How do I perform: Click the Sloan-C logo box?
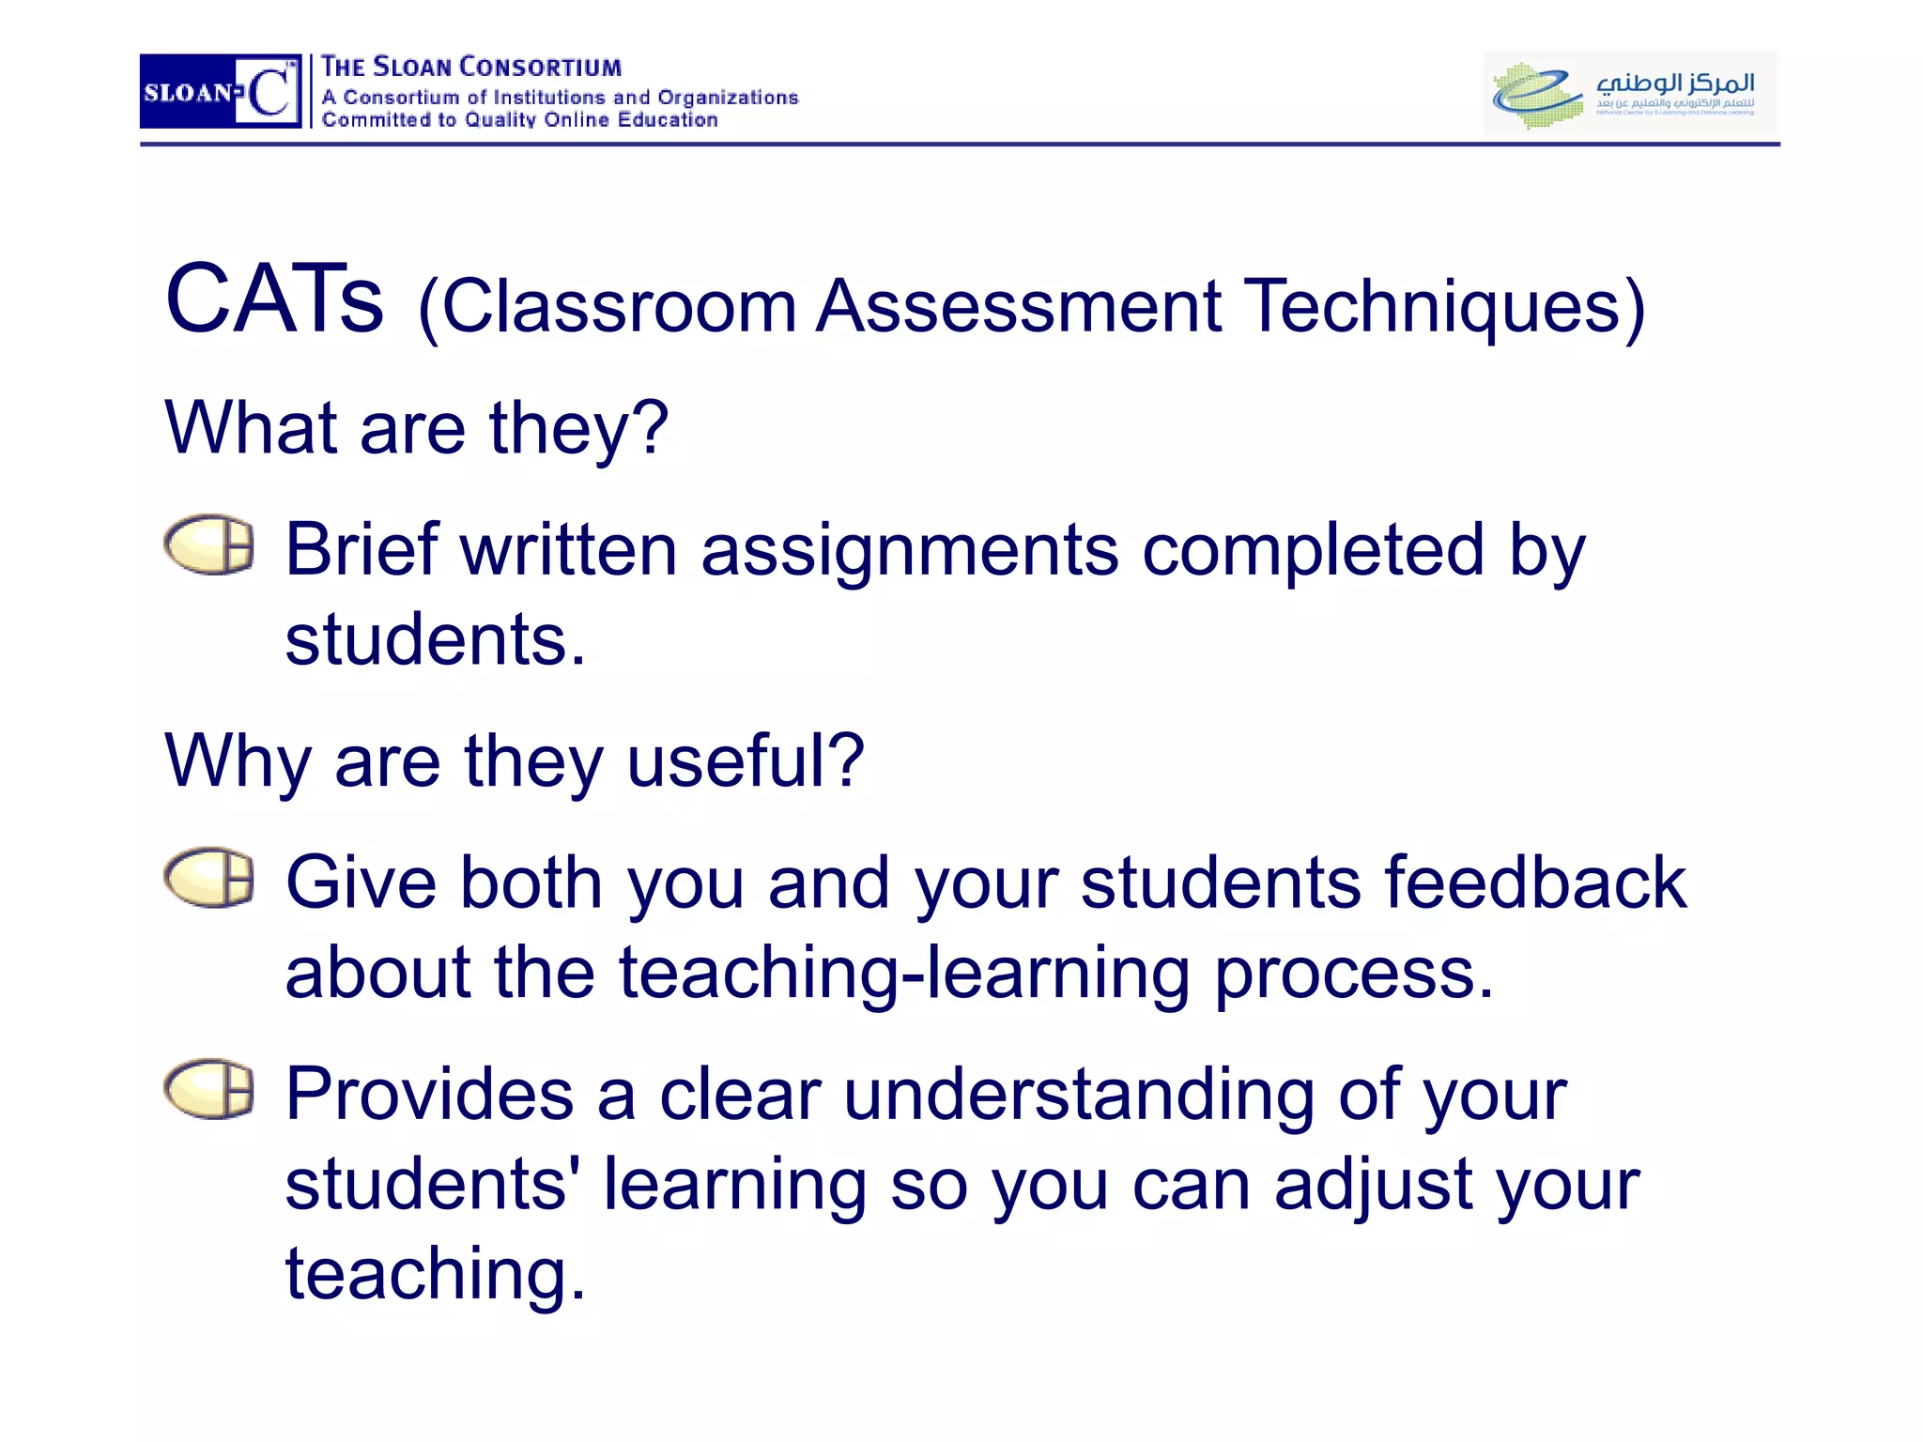tap(221, 91)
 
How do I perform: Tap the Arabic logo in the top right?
tap(1630, 92)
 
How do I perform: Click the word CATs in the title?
tap(274, 300)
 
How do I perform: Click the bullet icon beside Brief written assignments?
tap(209, 545)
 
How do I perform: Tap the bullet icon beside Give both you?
tap(209, 878)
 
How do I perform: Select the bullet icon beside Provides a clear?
tap(209, 1089)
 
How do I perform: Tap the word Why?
tap(238, 762)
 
